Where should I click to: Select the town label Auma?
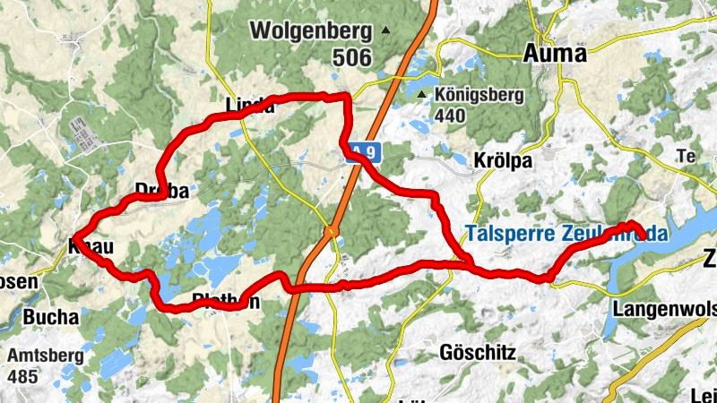point(554,54)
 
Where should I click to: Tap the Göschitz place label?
point(478,353)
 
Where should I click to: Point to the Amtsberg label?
point(46,356)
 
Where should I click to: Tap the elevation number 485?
point(22,375)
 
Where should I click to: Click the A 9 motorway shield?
point(360,153)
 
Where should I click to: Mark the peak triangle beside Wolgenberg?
point(386,30)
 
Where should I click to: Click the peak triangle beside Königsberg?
point(422,94)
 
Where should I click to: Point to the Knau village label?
point(89,244)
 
